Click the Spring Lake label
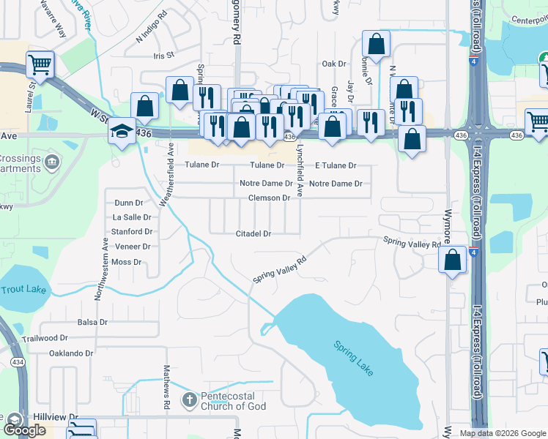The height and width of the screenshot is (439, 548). pyautogui.click(x=354, y=359)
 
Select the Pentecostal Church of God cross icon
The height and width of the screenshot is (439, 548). pyautogui.click(x=189, y=399)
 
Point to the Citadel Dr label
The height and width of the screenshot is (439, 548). pyautogui.click(x=253, y=234)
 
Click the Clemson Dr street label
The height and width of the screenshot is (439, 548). pyautogui.click(x=270, y=198)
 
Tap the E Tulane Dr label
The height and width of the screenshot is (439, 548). pyautogui.click(x=335, y=165)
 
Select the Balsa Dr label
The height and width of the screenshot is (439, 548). pyautogui.click(x=92, y=322)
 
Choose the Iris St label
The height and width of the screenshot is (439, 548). pyautogui.click(x=163, y=55)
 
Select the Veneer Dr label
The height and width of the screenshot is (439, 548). pyautogui.click(x=132, y=247)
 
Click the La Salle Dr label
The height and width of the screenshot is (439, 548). pyautogui.click(x=132, y=217)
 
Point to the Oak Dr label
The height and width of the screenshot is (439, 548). pyautogui.click(x=333, y=64)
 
